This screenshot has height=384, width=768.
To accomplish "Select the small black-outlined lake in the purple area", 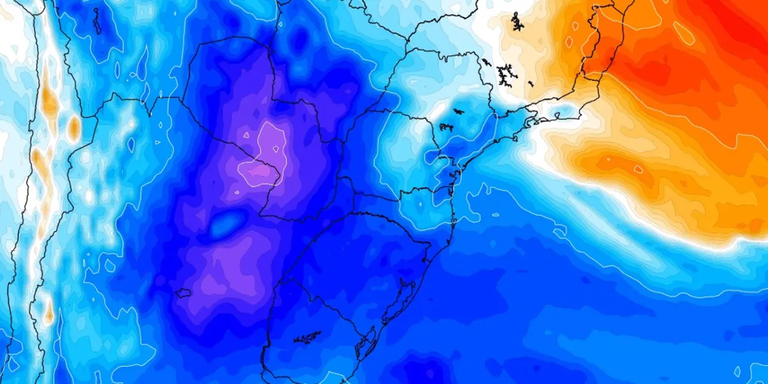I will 183,293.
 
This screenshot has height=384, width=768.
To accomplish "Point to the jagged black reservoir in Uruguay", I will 307,338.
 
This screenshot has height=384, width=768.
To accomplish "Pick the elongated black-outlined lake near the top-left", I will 97,20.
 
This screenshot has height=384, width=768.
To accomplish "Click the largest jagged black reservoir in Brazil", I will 507,74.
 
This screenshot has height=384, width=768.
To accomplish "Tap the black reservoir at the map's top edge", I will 517,22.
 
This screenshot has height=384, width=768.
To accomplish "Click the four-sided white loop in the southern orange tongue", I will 637,169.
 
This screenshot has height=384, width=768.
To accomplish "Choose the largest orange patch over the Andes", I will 49,102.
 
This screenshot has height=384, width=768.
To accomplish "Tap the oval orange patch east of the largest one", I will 73,127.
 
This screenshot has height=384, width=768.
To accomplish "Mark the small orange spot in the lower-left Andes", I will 48,313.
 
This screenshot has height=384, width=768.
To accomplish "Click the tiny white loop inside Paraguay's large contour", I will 275,148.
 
